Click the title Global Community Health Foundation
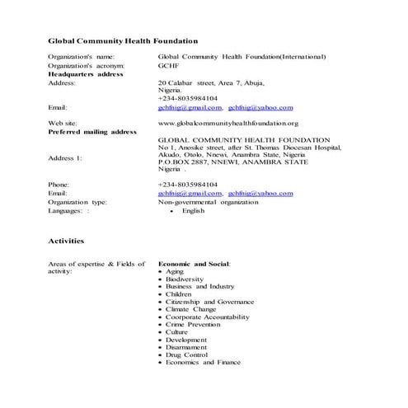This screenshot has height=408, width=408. (x=123, y=40)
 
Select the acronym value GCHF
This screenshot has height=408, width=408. (x=167, y=65)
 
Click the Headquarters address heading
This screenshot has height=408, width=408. (x=86, y=74)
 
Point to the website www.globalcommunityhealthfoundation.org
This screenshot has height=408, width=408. (x=227, y=122)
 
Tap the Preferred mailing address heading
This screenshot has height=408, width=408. (x=92, y=131)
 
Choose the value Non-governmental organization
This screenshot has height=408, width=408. (x=207, y=201)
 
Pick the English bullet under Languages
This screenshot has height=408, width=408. (x=193, y=210)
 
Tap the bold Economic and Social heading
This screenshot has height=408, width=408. (x=194, y=263)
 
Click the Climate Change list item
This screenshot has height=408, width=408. (x=190, y=309)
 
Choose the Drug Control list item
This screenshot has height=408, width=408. (x=188, y=354)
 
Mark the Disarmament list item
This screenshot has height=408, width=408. (x=189, y=347)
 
